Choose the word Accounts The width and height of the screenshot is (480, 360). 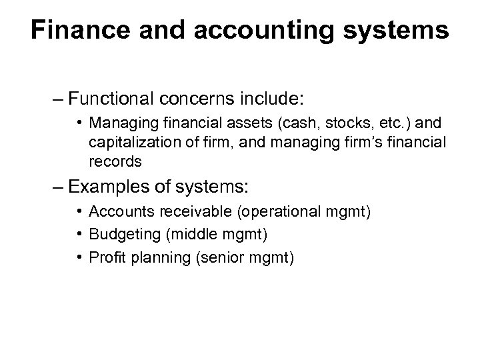[x=114, y=212]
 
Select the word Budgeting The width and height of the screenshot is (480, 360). [x=117, y=235]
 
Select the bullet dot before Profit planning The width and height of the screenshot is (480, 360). [x=79, y=257]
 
